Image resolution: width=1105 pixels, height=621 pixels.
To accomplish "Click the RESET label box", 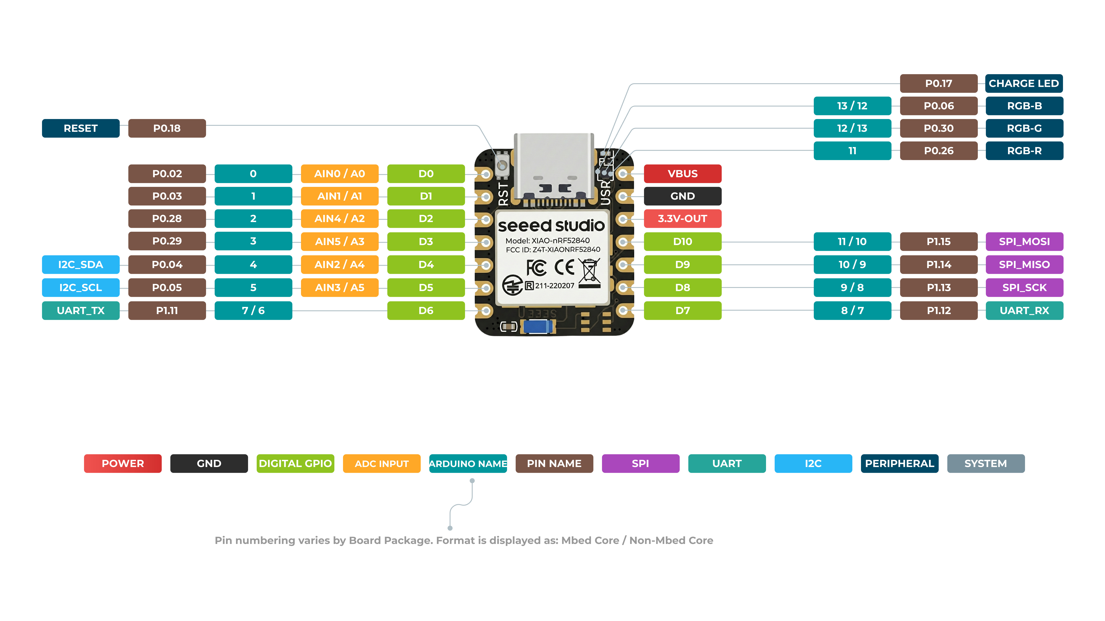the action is [x=81, y=128].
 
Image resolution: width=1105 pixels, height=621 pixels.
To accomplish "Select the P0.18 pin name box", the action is [x=167, y=128].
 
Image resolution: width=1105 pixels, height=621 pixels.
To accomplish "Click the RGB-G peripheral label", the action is [x=1024, y=128].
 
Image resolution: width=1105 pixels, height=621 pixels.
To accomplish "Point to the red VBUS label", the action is [x=682, y=174].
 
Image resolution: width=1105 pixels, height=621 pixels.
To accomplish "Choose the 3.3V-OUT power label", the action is [x=682, y=218].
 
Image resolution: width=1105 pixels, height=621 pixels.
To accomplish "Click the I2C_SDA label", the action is [x=81, y=264].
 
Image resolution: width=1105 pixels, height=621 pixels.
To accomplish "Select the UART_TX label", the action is [x=81, y=310].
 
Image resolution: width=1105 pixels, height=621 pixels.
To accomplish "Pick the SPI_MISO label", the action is [x=1024, y=264].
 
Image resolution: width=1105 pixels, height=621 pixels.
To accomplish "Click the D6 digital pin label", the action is [x=426, y=310].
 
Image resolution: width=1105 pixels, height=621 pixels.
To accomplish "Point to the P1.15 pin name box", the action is [x=939, y=241].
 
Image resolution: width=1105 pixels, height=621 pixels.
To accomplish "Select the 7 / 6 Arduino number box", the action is [x=253, y=310].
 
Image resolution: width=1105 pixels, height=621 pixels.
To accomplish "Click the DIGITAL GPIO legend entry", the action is [x=295, y=463].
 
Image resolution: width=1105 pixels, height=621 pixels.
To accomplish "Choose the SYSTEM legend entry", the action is [x=986, y=463].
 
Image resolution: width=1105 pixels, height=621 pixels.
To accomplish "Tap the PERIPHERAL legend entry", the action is [x=900, y=463].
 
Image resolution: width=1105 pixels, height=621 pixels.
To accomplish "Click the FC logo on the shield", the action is [x=536, y=267].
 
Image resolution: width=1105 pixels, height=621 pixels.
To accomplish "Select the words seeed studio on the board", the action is [x=551, y=225].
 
